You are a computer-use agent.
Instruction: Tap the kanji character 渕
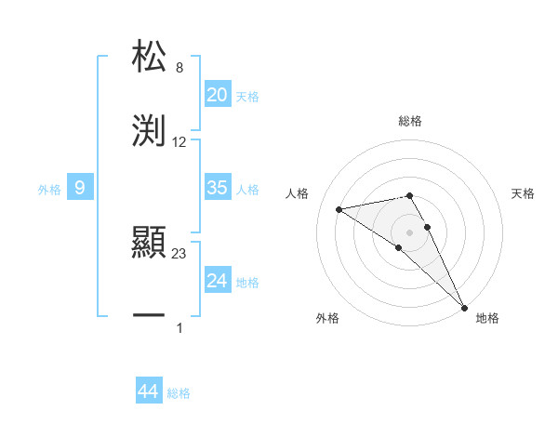[x=149, y=129]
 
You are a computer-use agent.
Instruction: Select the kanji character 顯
[x=149, y=244]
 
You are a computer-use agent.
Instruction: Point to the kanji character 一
[x=149, y=317]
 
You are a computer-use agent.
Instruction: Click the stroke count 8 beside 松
[x=179, y=68]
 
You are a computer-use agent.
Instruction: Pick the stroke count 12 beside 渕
[x=179, y=142]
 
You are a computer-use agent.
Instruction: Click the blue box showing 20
[x=217, y=95]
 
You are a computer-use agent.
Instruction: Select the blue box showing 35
[x=217, y=188]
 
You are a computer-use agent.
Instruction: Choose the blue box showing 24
[x=217, y=280]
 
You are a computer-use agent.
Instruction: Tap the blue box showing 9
[x=80, y=188]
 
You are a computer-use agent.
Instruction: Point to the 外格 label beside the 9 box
[x=49, y=190]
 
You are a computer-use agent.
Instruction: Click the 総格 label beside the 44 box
[x=179, y=393]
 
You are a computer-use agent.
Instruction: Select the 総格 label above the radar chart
[x=409, y=121]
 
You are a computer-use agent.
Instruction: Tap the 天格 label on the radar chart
[x=523, y=193]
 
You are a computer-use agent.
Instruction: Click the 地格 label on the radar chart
[x=487, y=318]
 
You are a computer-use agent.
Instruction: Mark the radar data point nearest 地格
[x=463, y=306]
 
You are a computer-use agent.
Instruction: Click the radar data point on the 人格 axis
[x=339, y=209]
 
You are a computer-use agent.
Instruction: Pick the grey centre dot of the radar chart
[x=409, y=232]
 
